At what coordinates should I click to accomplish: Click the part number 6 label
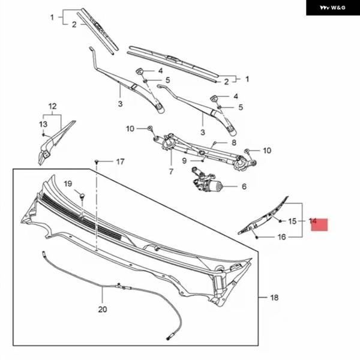pos(244,187)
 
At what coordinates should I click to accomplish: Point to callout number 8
pos(234,143)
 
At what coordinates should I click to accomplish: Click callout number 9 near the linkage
pos(185,160)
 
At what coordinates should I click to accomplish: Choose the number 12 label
pos(52,107)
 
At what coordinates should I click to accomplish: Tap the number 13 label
pos(43,124)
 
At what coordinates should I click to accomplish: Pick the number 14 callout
pos(313,221)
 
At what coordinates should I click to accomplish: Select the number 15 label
pos(292,221)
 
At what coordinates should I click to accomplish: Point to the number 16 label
pos(281,237)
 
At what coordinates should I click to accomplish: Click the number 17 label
pos(120,161)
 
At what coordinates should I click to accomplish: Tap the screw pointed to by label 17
pos(97,161)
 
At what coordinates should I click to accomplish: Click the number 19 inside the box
pos(68,183)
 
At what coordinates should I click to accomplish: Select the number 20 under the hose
pos(102,310)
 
